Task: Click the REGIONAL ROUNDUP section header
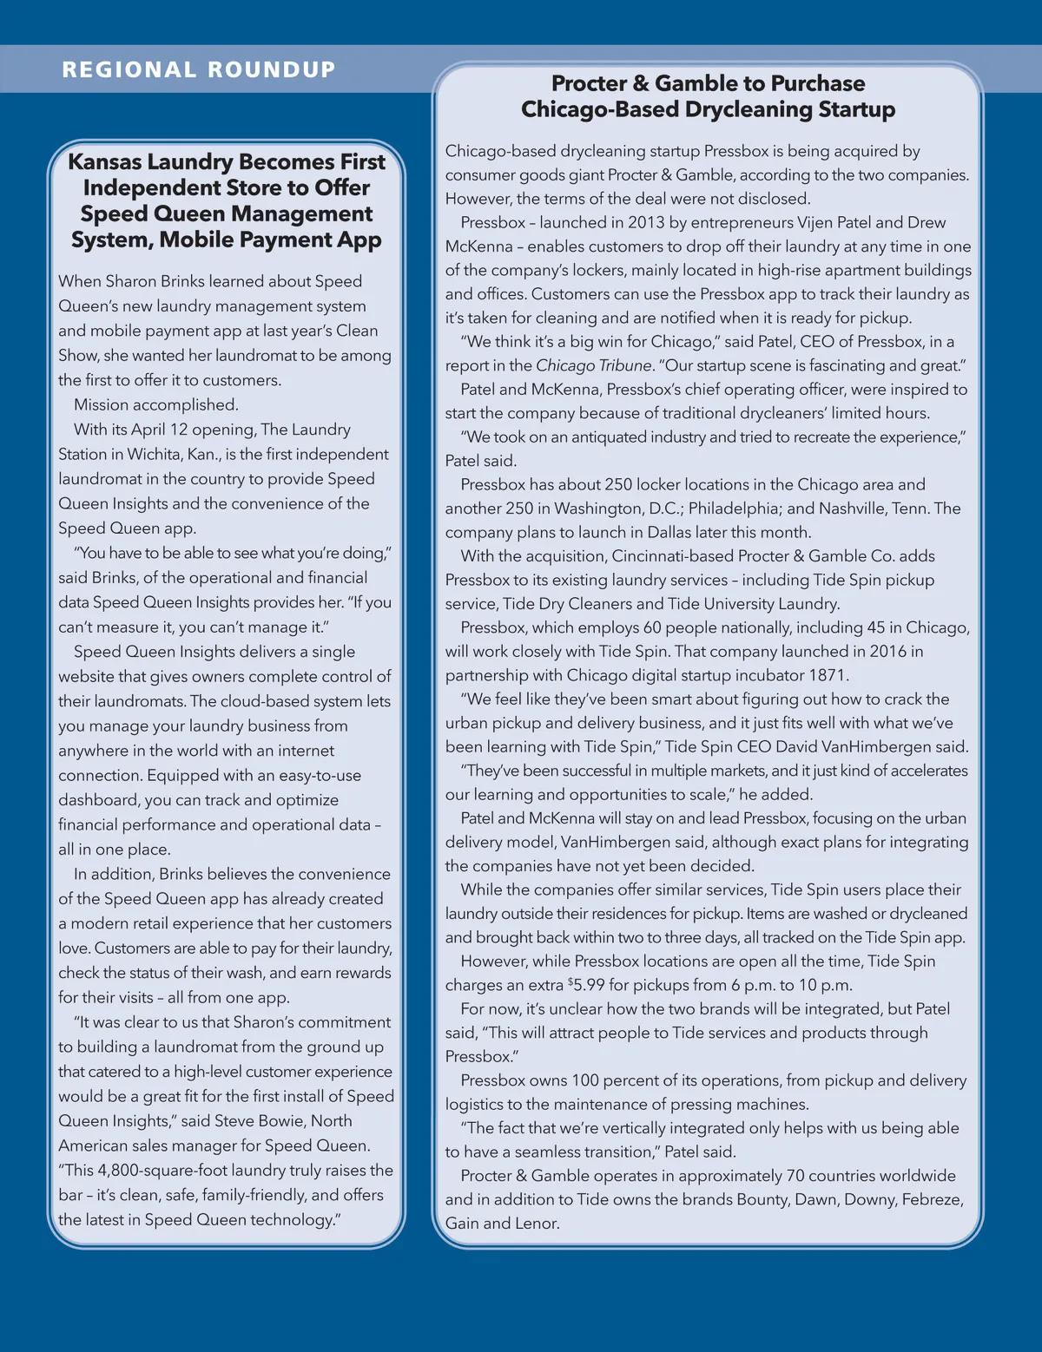point(198,69)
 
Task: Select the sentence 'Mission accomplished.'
point(155,404)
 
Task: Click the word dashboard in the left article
point(98,799)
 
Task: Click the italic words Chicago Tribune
point(593,365)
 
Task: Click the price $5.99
point(586,985)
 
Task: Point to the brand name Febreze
point(933,1199)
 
